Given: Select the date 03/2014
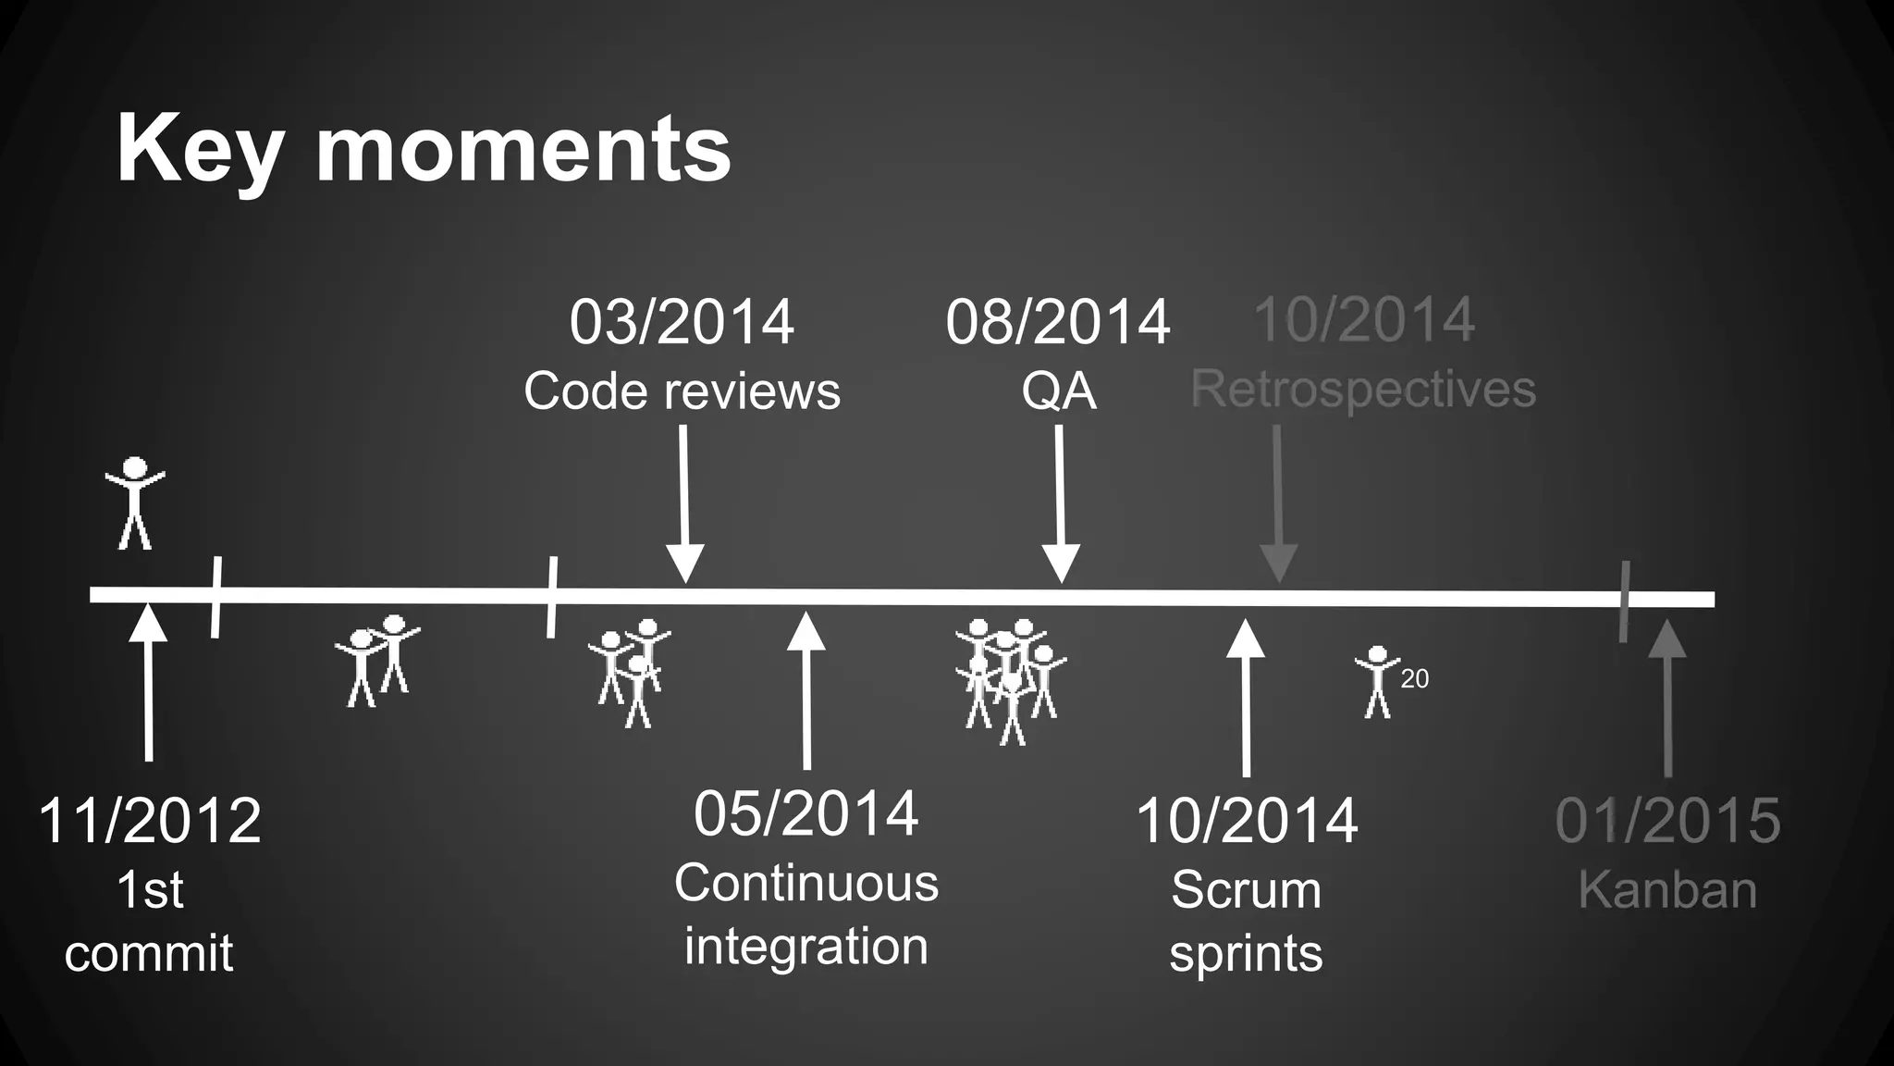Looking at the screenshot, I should coord(682,322).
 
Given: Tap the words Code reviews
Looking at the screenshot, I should coord(682,390).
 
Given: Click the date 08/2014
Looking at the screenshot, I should coord(1058,322).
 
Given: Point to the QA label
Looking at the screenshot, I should coord(1058,390).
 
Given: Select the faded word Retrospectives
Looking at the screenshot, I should coord(1363,389).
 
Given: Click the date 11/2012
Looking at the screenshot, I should coord(149,820).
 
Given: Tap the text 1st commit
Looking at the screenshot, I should coord(149,922).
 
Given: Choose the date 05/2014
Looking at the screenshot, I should coord(806,813).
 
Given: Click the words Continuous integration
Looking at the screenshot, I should coord(806,914).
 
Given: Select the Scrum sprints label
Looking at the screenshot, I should coord(1246,922).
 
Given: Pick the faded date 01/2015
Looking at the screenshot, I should coord(1667,820).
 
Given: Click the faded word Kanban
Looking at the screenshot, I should coord(1667,890).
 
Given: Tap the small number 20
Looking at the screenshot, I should coord(1414,678).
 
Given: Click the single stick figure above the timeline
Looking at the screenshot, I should coord(135,502).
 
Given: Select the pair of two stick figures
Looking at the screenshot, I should coord(377,659).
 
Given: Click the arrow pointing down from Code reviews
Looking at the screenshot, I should coord(684,504).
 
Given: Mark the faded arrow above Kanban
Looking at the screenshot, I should coord(1667,698).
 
